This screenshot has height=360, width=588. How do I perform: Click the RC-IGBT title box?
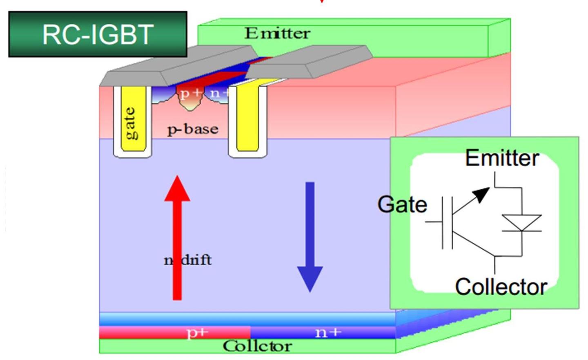(x=98, y=34)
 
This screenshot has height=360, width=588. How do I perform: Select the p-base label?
(x=193, y=129)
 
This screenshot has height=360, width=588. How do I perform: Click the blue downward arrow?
(x=310, y=237)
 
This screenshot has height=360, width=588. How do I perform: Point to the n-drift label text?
(x=188, y=260)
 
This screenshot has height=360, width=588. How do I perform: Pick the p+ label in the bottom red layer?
(x=198, y=332)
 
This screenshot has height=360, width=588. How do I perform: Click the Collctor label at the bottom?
(x=257, y=346)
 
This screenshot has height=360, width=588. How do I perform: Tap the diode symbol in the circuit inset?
(x=521, y=223)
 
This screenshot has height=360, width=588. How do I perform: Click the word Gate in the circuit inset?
(x=402, y=204)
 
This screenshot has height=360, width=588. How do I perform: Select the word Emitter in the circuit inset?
(x=502, y=158)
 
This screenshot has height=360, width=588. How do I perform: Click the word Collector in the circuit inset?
(x=501, y=287)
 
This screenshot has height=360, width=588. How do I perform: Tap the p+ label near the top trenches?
(x=190, y=94)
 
